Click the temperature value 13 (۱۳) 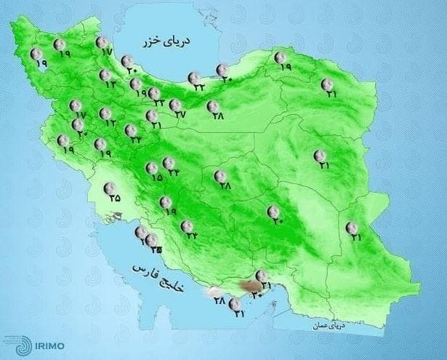click(x=111, y=85)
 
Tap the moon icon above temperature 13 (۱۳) click(x=105, y=75)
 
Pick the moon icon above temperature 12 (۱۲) click(x=106, y=113)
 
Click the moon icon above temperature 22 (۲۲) click(x=193, y=77)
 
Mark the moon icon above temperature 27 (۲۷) click(x=175, y=105)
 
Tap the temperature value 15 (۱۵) click(x=154, y=177)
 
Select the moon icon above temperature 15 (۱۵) click(x=151, y=167)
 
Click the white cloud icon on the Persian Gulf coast click(x=215, y=293)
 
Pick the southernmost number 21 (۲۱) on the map click(x=239, y=313)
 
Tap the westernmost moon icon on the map click(x=36, y=53)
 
